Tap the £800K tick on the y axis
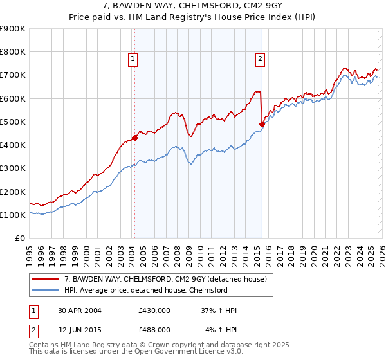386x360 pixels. pos(12,52)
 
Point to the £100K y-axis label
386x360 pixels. pos(12,215)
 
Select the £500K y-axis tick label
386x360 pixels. pos(12,122)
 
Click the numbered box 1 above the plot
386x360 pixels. pos(133,60)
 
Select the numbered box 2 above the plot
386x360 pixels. pos(261,60)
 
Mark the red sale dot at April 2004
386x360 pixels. pos(134,137)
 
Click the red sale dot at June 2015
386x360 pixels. pos(262,125)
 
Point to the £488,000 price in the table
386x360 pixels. pos(154,329)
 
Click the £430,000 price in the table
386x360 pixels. pos(154,310)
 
